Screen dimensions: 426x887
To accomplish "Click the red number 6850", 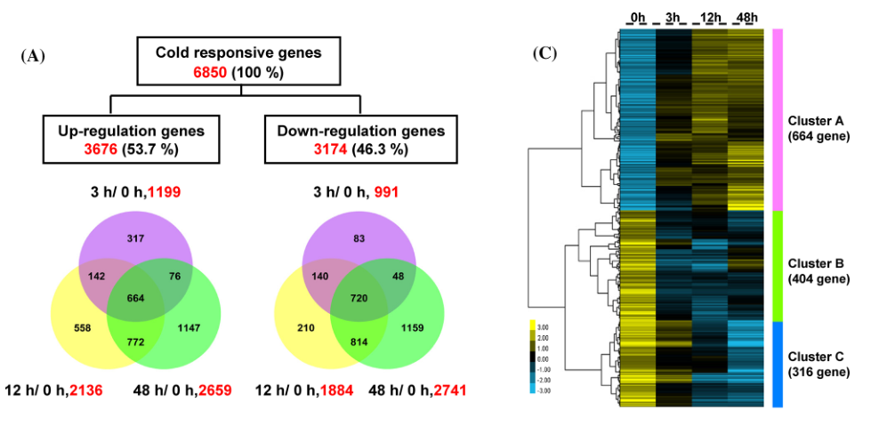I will pos(210,72).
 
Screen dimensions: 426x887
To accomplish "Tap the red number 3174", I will pos(331,149).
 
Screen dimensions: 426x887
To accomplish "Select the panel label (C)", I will pos(544,53).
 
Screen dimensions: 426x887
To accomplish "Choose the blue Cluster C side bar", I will pos(777,364).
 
